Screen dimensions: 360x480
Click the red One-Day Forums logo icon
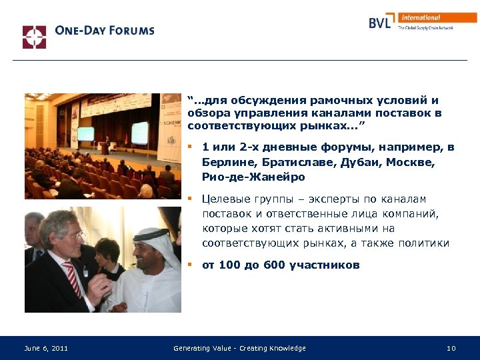click(34, 37)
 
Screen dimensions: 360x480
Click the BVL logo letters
click(382, 23)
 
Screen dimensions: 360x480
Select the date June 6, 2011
click(46, 348)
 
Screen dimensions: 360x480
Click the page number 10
click(451, 348)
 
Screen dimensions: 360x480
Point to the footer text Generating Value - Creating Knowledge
click(239, 348)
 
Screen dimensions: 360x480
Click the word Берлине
click(227, 162)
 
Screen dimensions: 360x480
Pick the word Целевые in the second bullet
click(227, 199)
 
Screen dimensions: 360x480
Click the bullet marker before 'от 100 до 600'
click(190, 265)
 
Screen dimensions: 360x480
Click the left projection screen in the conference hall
click(85, 133)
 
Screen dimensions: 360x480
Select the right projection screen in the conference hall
click(139, 131)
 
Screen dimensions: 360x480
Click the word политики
click(424, 243)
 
